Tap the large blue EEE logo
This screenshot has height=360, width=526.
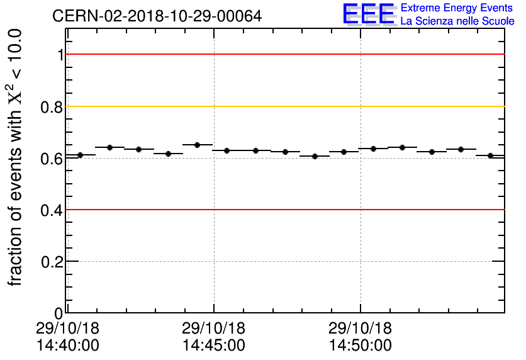coord(369,14)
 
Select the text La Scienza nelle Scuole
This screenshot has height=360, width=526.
coord(457,21)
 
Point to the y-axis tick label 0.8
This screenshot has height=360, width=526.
coord(52,107)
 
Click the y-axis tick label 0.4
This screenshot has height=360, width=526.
coord(52,210)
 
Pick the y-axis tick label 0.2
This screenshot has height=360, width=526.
coord(52,261)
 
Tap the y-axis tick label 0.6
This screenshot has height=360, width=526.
coord(52,159)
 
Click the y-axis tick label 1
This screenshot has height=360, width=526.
coord(60,55)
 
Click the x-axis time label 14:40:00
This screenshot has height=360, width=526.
coord(67,346)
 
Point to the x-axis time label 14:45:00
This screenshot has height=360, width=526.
coord(214,346)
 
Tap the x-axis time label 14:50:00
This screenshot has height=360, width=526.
coord(361,346)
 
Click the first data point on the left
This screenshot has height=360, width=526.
coord(80,155)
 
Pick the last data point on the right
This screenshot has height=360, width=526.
coord(490,155)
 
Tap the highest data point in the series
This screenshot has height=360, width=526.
coord(197,145)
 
